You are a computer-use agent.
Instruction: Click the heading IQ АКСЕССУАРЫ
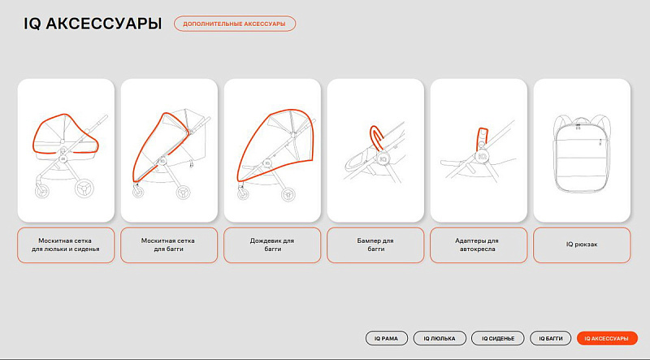(x=93, y=24)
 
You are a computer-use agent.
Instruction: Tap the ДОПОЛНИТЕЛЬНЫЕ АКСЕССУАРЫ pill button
(x=235, y=24)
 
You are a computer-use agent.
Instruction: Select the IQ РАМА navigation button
(x=387, y=338)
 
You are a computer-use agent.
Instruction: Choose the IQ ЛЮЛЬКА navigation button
(x=440, y=338)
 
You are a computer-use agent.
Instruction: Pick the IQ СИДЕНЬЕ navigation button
(x=498, y=338)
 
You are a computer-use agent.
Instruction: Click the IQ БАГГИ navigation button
(x=551, y=338)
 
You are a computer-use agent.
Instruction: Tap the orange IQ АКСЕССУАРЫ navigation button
(x=607, y=338)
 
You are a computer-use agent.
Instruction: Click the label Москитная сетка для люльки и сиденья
(x=66, y=245)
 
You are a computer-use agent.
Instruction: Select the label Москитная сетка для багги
(x=169, y=245)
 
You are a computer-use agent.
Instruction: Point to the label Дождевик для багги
(x=272, y=245)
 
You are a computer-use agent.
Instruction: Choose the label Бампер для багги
(x=375, y=245)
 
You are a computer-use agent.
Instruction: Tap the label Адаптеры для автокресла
(x=479, y=245)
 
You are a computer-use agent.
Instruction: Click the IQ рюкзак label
(x=582, y=245)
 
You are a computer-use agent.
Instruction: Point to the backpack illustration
(x=582, y=157)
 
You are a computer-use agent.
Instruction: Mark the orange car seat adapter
(x=482, y=136)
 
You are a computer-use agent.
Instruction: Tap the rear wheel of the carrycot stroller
(x=84, y=188)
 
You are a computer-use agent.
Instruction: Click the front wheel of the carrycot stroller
(x=42, y=191)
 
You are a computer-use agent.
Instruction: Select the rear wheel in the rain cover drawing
(x=288, y=194)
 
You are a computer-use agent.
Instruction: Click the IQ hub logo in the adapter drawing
(x=482, y=156)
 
